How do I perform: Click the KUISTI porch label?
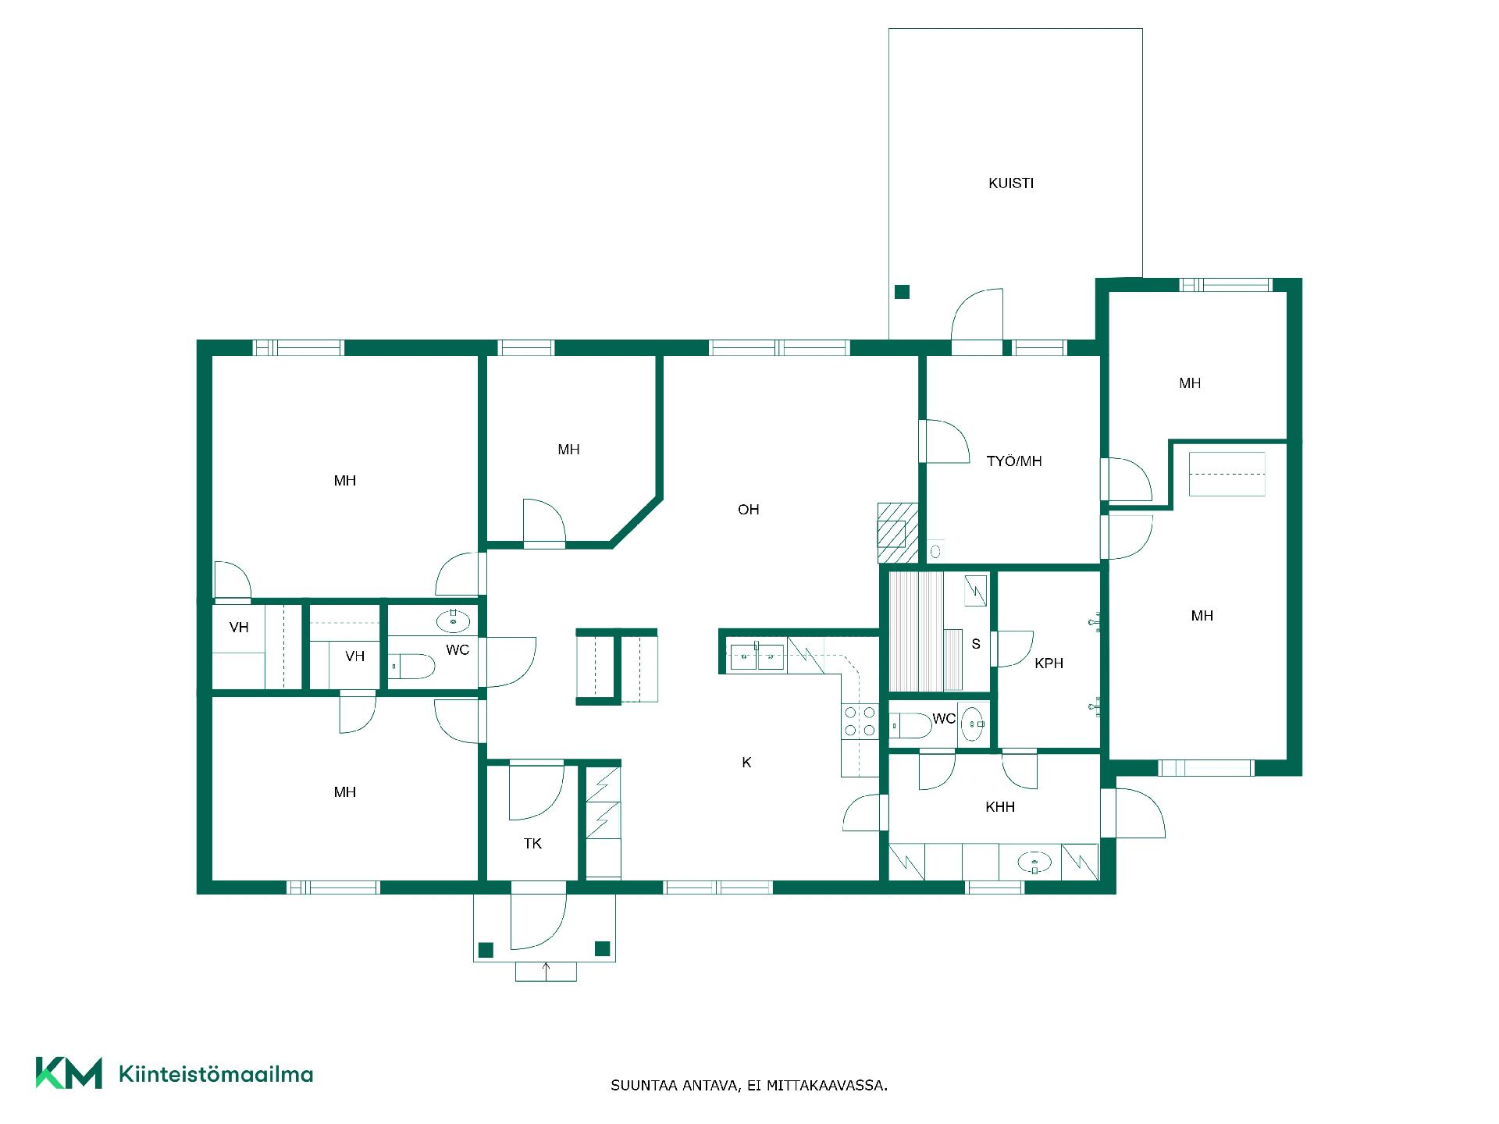(1011, 183)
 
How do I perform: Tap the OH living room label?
(748, 510)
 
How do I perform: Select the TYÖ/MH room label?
(1014, 461)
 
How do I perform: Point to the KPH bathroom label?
(1049, 663)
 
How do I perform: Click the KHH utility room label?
(1000, 807)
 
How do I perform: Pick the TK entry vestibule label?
(532, 844)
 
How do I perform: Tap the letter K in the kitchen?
(746, 763)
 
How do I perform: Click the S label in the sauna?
(976, 644)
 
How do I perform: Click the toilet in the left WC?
(411, 667)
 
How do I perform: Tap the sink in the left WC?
(454, 622)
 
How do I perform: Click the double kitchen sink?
(757, 657)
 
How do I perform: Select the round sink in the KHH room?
(1034, 863)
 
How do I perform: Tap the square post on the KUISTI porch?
(902, 292)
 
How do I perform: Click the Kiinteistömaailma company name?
(216, 1074)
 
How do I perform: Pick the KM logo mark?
(69, 1073)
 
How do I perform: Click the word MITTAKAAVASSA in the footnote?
(827, 1086)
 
